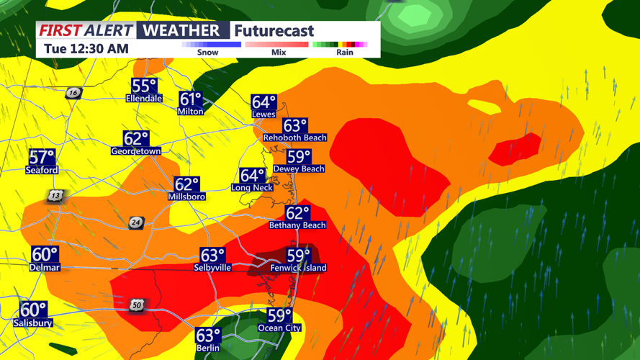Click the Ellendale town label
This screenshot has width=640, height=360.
pos(144,98)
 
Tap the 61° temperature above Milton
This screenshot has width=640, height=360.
pos(191,100)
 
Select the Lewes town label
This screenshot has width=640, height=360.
pos(263,114)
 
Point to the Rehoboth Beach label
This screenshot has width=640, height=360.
pos(294,137)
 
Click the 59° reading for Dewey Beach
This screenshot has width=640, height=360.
pos(299,157)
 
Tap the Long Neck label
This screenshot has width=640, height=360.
pos(251,187)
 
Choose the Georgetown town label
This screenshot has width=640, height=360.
pos(135,151)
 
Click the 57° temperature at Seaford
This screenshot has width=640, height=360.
pos(42,158)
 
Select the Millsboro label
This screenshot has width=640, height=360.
pos(186,197)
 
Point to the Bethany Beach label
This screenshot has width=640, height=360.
pos(297,225)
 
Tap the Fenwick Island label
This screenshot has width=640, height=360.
pos(298,268)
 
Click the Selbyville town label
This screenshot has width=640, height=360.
pos(212,267)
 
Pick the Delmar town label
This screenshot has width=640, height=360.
pos(45,267)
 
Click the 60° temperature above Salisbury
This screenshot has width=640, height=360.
pos(33,310)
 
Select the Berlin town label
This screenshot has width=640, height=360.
pos(207,348)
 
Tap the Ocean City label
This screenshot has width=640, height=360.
pos(280,328)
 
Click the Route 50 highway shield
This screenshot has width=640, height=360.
pos(137,306)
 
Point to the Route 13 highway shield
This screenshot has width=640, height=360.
pos(55,196)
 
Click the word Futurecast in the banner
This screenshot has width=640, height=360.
pos(274,30)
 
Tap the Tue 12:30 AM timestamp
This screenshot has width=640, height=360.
pos(86,49)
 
